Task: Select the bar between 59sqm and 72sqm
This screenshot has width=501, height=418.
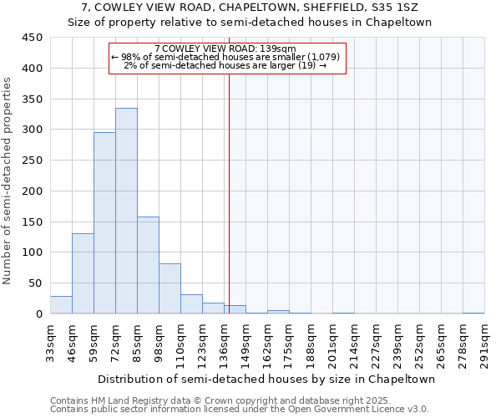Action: [x=104, y=222]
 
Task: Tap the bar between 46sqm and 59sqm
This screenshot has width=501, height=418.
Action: [x=83, y=273]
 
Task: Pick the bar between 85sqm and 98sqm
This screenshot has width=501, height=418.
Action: [x=148, y=265]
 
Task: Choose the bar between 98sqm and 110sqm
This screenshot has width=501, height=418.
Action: [x=170, y=288]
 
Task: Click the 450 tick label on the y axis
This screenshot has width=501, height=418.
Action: [x=32, y=38]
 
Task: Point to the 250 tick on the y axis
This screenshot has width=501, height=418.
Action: [x=32, y=161]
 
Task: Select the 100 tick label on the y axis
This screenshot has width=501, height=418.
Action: [x=32, y=252]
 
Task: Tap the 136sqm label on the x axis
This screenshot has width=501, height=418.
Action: [x=224, y=341]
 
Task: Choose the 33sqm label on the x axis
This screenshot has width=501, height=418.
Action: [x=50, y=341]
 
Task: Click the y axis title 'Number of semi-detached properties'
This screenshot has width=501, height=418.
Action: [x=8, y=181]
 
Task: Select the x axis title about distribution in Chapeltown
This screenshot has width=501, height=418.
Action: [x=266, y=379]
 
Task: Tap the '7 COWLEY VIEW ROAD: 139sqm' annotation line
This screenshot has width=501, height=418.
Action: [x=225, y=48]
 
